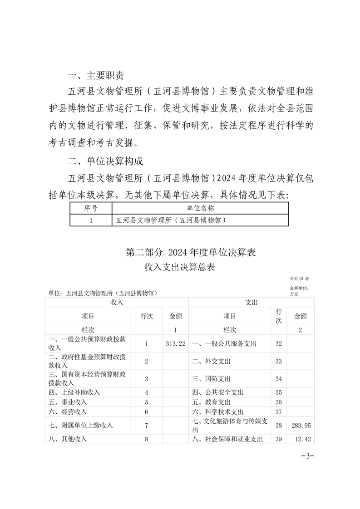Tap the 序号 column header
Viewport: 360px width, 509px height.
pyautogui.click(x=91, y=208)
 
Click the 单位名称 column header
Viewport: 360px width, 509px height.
pyautogui.click(x=200, y=208)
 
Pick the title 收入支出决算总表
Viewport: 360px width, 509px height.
pyautogui.click(x=179, y=267)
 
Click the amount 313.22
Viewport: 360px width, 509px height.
pyautogui.click(x=175, y=344)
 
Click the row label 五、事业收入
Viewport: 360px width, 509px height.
pyautogui.click(x=68, y=402)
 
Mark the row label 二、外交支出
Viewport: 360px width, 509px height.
pyautogui.click(x=211, y=362)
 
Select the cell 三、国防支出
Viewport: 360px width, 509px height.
pyautogui.click(x=211, y=379)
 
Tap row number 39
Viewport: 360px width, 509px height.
pyautogui.click(x=279, y=439)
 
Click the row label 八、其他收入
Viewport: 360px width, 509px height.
pyautogui.click(x=68, y=439)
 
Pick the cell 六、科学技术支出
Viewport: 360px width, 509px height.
pyautogui.click(x=218, y=411)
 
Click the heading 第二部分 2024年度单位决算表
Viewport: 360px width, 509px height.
pyautogui.click(x=191, y=252)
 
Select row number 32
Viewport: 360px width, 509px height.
pyautogui.click(x=279, y=344)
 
